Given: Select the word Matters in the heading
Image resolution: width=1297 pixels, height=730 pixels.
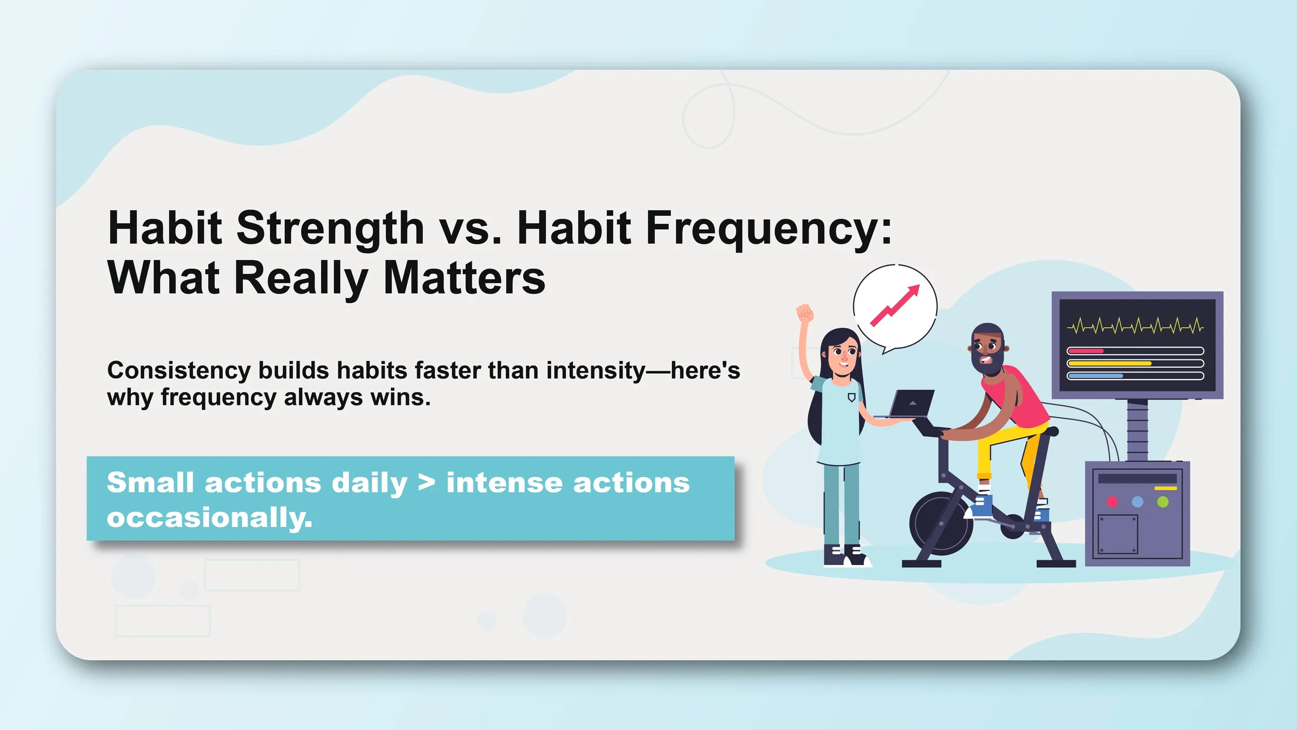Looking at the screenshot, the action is (464, 277).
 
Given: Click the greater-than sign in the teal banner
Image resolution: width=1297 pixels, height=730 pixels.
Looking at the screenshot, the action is (426, 483).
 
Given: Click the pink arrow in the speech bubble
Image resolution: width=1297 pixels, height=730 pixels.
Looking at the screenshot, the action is (894, 306).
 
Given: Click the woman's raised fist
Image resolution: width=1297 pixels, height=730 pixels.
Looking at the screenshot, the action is (805, 313).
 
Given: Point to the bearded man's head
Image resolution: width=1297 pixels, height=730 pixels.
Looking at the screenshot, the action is (988, 349).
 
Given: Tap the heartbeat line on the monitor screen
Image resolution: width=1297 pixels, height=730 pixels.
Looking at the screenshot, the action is (1135, 326).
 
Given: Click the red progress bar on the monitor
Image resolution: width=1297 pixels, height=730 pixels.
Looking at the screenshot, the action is (1085, 351).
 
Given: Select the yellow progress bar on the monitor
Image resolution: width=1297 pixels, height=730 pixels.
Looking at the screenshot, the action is (1109, 363).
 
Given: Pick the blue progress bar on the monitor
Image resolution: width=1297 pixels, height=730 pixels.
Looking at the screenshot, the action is (1095, 376).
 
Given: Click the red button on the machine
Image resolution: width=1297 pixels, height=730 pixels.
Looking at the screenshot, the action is (1112, 502).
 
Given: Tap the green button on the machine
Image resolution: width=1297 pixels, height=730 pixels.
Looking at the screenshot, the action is (1163, 502).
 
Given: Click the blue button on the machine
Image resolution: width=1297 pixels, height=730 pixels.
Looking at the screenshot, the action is (1138, 502).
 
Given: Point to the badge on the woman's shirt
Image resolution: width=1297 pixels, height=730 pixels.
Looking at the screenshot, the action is (852, 397).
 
